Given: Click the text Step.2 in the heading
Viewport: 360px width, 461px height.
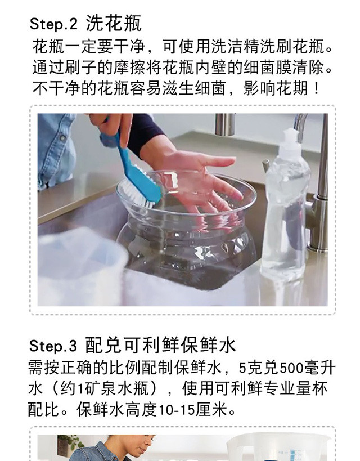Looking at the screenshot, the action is [53, 24].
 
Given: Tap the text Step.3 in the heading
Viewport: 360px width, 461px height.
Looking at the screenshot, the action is [53, 346].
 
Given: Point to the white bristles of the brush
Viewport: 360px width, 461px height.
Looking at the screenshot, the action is [136, 194].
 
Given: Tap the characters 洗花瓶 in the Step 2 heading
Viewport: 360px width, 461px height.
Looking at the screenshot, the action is [114, 23].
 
